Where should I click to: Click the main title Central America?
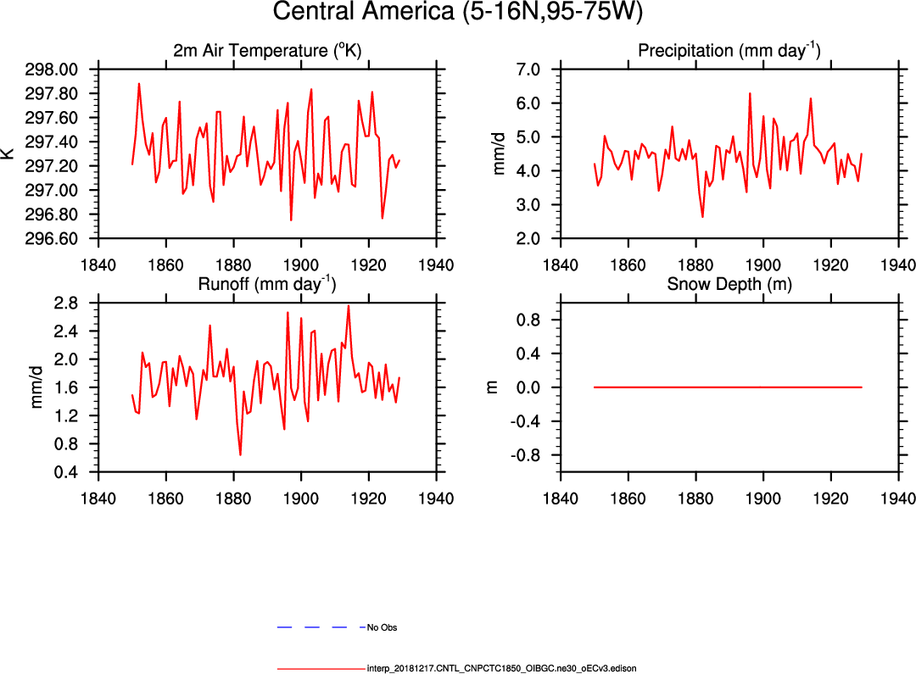tap(458, 13)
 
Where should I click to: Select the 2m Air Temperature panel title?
tap(267, 51)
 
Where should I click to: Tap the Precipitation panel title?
tap(729, 51)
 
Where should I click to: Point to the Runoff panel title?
tap(267, 284)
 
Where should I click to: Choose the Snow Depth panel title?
tap(729, 284)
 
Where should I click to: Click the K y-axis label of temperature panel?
tap(9, 153)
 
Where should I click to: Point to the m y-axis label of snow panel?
tap(491, 387)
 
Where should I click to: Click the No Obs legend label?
tap(382, 628)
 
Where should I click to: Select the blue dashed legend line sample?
tap(319, 627)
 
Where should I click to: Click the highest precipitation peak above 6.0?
tap(750, 93)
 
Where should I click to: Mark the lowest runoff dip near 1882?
tap(240, 455)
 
